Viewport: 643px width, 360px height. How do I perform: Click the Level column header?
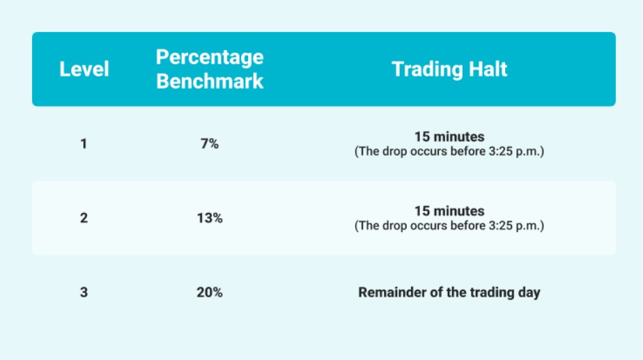84,69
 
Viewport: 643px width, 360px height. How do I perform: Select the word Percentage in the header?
210,57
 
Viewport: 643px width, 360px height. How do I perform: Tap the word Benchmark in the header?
210,81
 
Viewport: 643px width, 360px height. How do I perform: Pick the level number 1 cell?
84,144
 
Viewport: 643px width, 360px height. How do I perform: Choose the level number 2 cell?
84,218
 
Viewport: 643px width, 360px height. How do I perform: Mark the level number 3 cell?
84,292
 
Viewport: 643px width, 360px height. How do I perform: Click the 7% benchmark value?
210,144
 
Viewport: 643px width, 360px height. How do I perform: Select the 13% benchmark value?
210,218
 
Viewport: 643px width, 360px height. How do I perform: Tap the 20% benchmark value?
210,292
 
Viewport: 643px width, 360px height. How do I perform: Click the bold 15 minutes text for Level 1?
449,136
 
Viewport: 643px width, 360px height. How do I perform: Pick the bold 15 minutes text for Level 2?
449,211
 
